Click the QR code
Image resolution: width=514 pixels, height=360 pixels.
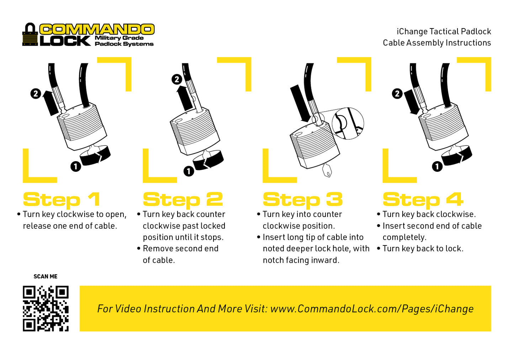[46, 308]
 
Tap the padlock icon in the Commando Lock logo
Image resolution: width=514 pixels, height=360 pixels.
[30, 35]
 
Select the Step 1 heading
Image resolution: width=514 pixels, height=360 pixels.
[62, 200]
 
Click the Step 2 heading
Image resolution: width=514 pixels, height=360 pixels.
[182, 200]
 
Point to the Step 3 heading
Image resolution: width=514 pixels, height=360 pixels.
[303, 200]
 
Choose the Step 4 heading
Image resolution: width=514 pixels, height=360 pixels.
[423, 200]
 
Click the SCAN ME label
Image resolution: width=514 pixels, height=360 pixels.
[46, 276]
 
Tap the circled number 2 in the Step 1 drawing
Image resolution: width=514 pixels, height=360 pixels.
[36, 94]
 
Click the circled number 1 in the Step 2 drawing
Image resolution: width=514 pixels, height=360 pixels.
[189, 171]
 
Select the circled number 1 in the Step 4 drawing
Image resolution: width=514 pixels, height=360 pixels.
[437, 166]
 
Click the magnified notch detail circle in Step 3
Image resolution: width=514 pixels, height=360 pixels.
[348, 123]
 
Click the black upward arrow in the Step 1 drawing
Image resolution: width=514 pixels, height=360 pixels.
[50, 102]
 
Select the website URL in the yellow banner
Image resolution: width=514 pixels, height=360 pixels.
[372, 309]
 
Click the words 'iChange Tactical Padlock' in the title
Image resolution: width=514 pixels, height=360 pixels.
[444, 31]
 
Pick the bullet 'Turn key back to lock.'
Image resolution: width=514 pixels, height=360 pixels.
[420, 249]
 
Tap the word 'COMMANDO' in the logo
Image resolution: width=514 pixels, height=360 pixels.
[97, 29]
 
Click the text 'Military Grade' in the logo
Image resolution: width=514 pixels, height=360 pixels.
[119, 38]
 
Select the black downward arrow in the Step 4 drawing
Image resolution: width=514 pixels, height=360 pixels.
[412, 102]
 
